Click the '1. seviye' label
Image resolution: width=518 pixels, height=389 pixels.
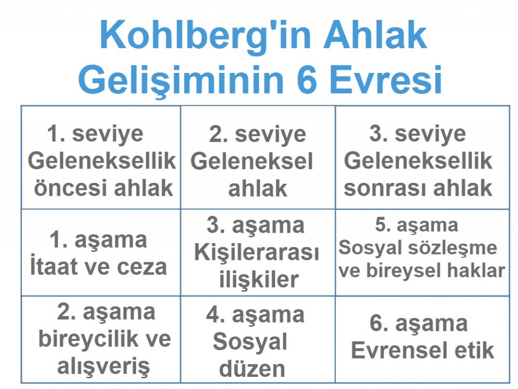96,135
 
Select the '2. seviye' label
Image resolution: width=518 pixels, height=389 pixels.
257,135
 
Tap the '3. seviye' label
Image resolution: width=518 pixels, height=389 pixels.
418,135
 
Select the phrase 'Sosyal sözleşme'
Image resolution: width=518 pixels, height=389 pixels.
418,248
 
